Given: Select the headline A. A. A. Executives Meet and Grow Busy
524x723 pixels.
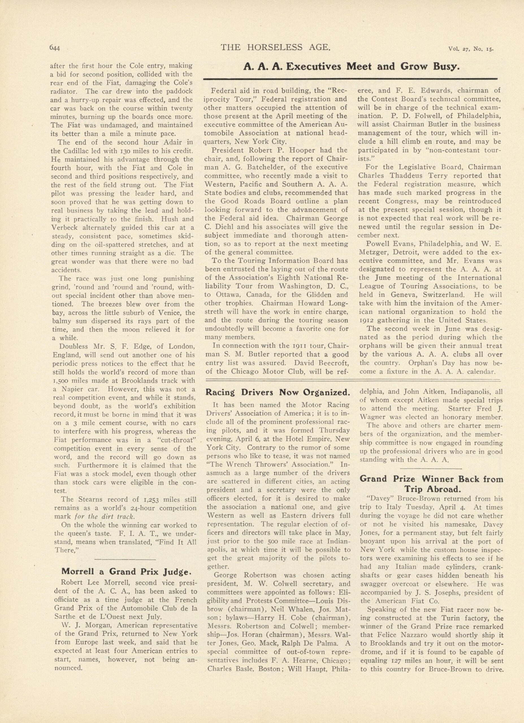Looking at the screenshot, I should (351, 67).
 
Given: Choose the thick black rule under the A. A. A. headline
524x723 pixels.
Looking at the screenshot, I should (351, 79).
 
